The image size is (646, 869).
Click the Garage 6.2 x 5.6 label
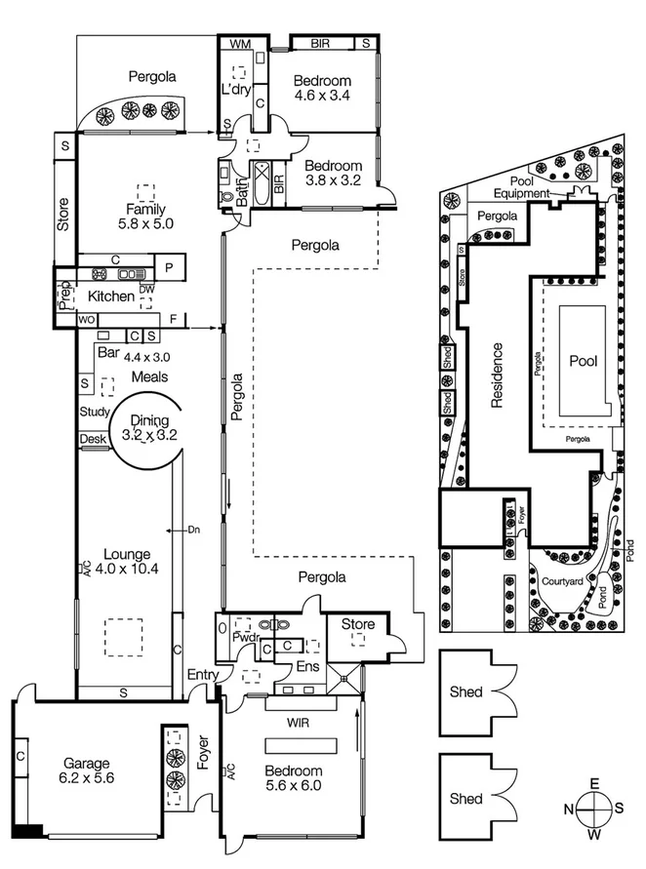point(89,771)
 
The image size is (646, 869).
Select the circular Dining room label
point(149,428)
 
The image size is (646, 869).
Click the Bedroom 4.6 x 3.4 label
point(322,88)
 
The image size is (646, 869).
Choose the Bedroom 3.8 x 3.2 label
point(333,173)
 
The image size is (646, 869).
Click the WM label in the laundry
point(237,44)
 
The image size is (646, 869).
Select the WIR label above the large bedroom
point(298,724)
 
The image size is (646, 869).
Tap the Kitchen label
point(111,296)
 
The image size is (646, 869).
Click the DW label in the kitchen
point(147,289)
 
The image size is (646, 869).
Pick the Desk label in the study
point(93,439)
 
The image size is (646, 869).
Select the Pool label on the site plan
point(582,359)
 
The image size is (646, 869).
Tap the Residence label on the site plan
point(498,375)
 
